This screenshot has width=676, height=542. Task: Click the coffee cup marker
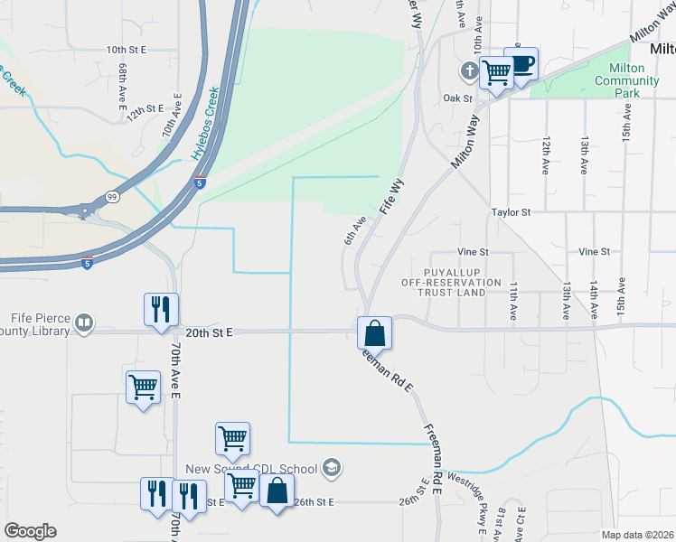coord(521,63)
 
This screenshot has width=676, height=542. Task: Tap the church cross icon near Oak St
coord(469,70)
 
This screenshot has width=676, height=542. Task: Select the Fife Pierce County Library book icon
coord(84,322)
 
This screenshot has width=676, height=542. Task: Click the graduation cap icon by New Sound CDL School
coord(332,467)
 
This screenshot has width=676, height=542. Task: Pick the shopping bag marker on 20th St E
coord(374,333)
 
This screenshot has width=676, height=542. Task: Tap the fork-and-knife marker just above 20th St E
coord(161,309)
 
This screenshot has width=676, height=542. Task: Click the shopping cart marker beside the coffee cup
coord(496,72)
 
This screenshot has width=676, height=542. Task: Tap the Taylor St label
coord(510,211)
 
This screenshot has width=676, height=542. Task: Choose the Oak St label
coord(458,98)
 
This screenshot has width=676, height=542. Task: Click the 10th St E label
coord(127,50)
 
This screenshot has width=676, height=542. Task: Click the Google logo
coord(30,531)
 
